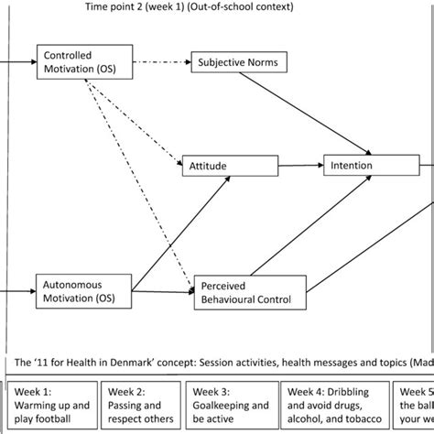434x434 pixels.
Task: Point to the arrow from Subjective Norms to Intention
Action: pos(325,110)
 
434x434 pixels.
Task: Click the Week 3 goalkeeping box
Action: pos(230,406)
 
